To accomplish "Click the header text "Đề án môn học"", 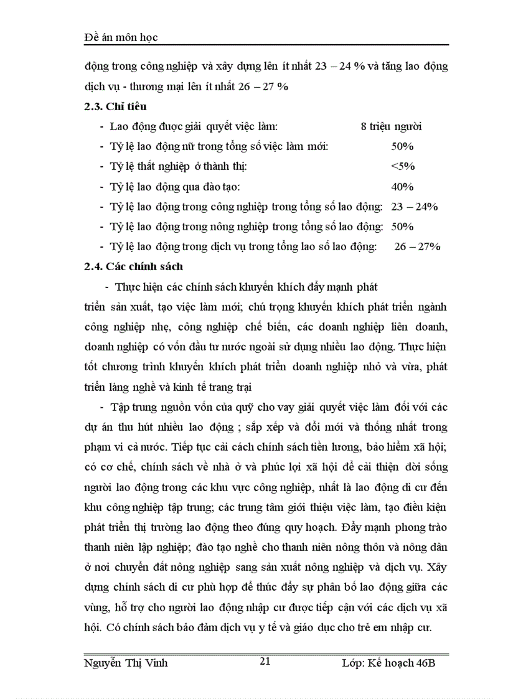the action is click(x=121, y=37).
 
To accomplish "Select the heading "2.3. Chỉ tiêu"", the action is click(x=115, y=106).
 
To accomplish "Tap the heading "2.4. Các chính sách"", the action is click(x=133, y=266).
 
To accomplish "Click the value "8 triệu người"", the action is click(x=391, y=127).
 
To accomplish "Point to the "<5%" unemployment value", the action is click(x=403, y=167).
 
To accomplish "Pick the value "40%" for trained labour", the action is click(x=402, y=187).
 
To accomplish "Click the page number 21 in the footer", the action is click(x=265, y=661).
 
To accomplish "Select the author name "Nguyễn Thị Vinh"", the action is click(x=126, y=663).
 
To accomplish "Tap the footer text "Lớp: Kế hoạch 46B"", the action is click(x=388, y=663).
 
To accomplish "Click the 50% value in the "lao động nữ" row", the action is click(x=402, y=147).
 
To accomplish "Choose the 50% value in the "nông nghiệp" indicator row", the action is click(x=402, y=227).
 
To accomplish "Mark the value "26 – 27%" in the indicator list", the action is click(x=417, y=246).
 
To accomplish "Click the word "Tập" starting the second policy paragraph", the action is click(x=118, y=407).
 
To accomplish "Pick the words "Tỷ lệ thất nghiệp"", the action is click(x=147, y=167).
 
